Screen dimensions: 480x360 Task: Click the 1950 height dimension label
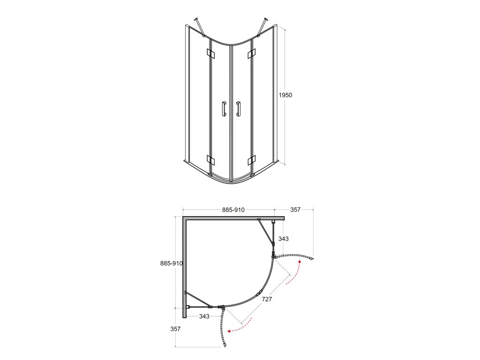click(285, 95)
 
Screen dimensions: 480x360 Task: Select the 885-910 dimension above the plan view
click(233, 210)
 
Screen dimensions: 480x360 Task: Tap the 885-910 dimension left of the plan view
click(172, 263)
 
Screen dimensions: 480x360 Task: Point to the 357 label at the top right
click(295, 210)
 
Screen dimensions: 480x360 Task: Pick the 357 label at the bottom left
click(175, 329)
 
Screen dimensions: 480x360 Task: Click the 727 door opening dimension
click(267, 299)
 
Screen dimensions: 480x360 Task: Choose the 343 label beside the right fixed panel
click(284, 239)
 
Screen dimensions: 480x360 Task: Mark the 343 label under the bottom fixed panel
click(204, 316)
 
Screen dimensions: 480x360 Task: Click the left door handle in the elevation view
click(225, 108)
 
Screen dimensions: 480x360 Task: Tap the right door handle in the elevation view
click(238, 109)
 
